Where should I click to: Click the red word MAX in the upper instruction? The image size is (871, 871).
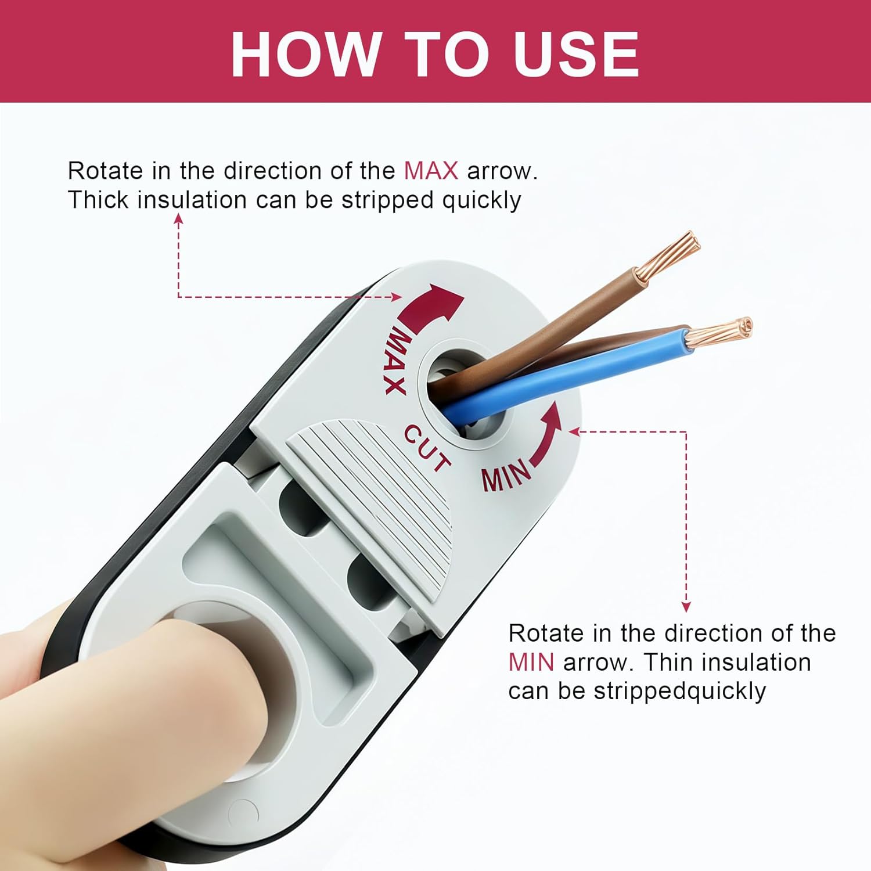431,171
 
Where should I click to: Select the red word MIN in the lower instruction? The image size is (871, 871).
531,662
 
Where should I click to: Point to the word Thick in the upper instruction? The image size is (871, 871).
99,200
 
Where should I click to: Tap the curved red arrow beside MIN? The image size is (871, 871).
546,435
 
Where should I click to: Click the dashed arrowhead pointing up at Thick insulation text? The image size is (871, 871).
179,219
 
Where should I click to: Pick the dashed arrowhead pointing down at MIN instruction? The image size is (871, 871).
686,606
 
